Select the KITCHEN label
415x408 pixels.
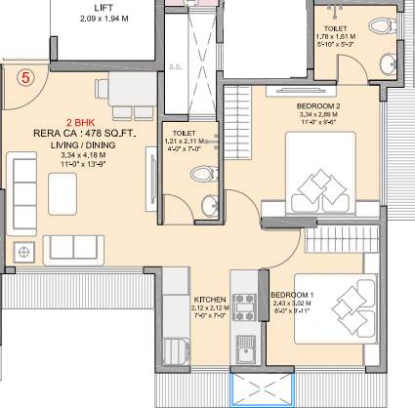tap(210, 300)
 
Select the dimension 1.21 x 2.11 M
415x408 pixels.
tap(183, 142)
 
